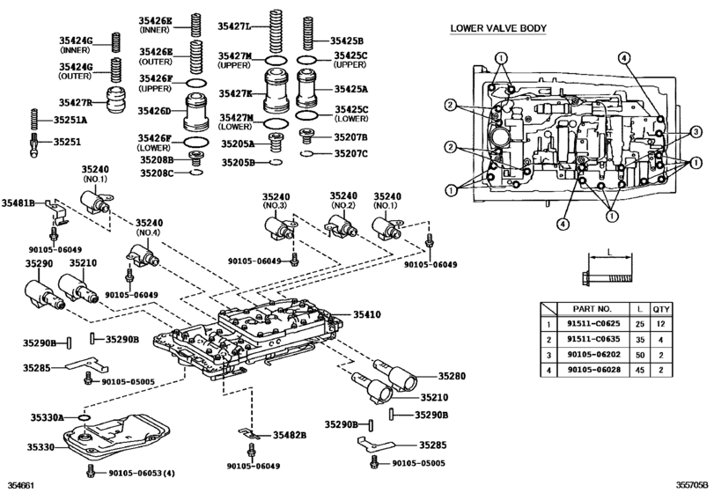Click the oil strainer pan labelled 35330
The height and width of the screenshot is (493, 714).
123,434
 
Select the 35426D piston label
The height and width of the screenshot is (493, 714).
154,111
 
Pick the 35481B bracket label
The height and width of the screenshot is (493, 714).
18,203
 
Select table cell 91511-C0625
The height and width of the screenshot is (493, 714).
597,325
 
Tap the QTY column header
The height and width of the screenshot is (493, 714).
662,309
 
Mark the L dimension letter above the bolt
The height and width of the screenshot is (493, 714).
609,252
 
